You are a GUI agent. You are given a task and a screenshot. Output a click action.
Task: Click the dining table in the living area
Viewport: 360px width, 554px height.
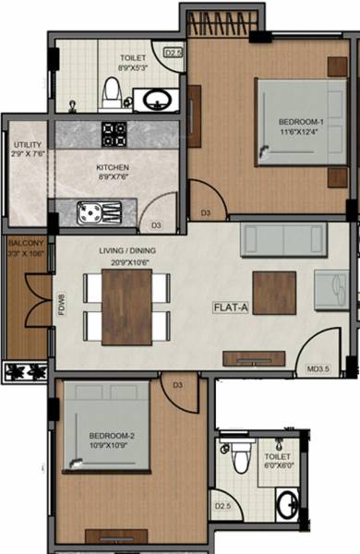point(126,306)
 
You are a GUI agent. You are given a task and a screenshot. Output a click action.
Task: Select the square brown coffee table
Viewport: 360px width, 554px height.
point(274,293)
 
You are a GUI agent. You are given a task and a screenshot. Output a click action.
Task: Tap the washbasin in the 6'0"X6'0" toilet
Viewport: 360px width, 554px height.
point(288,504)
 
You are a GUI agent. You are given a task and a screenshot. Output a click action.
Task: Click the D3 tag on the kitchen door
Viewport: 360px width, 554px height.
point(157,224)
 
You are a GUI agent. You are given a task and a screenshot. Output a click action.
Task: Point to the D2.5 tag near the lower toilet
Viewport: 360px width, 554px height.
point(222,505)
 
